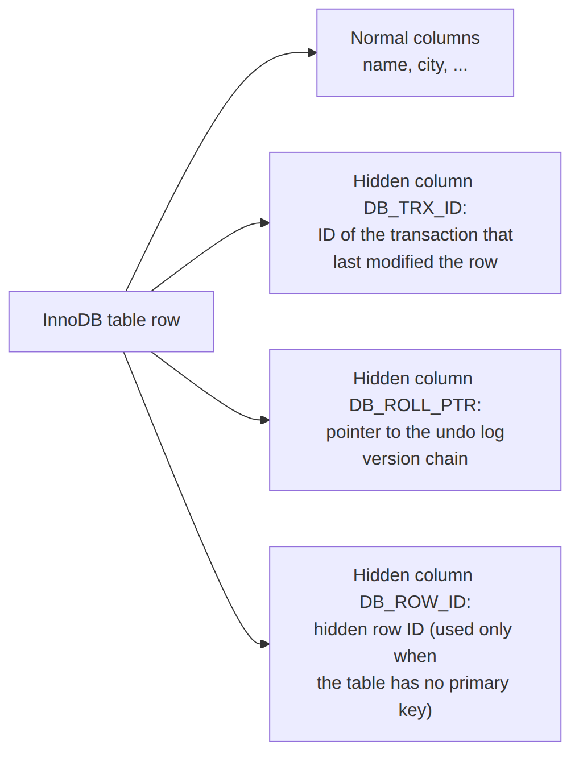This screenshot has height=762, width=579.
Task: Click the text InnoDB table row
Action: [111, 320]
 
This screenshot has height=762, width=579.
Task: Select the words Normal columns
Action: [415, 38]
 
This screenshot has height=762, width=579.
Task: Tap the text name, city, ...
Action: [405, 65]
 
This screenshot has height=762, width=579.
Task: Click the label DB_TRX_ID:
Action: [415, 208]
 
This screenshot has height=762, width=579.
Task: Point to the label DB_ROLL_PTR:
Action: [415, 405]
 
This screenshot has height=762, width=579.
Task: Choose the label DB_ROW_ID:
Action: [415, 602]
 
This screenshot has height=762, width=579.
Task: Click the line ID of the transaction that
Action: [415, 235]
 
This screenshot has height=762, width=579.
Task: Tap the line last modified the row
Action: [415, 262]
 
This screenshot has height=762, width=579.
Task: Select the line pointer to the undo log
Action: [415, 433]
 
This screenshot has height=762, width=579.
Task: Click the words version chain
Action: [415, 459]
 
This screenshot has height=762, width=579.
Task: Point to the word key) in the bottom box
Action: [415, 710]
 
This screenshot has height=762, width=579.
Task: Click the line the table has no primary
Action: [413, 683]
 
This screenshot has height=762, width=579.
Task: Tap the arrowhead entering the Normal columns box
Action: [312, 52]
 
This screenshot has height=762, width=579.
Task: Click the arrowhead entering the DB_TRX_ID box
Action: [265, 222]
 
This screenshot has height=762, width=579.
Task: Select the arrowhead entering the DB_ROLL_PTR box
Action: [265, 420]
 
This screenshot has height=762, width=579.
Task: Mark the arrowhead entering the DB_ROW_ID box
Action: [265, 644]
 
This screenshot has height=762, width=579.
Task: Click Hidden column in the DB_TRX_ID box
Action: [413, 181]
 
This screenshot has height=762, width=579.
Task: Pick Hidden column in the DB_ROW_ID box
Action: [413, 575]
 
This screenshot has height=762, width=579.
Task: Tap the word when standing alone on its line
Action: [415, 656]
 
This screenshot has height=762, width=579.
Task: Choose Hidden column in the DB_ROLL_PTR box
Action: [413, 378]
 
